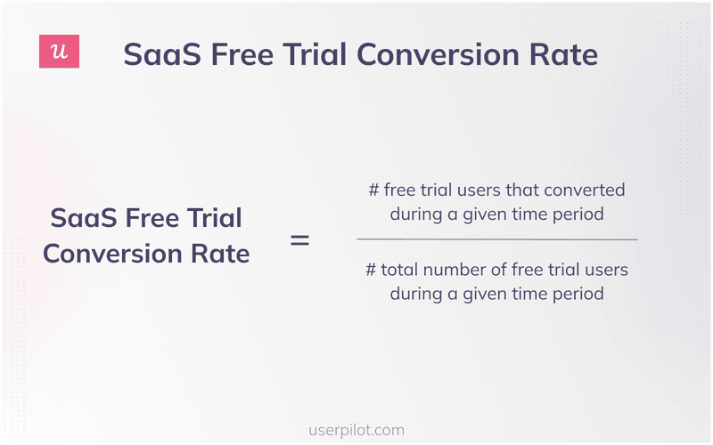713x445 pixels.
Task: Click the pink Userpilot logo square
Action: pos(60,53)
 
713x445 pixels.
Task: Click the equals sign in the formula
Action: pos(300,239)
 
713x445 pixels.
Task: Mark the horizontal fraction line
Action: pos(496,239)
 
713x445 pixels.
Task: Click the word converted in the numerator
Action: pos(586,190)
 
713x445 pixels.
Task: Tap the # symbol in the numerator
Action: pos(373,190)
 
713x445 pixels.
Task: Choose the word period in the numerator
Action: pos(578,214)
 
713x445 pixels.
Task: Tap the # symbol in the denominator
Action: pos(371,270)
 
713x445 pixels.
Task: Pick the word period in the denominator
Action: pos(578,294)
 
